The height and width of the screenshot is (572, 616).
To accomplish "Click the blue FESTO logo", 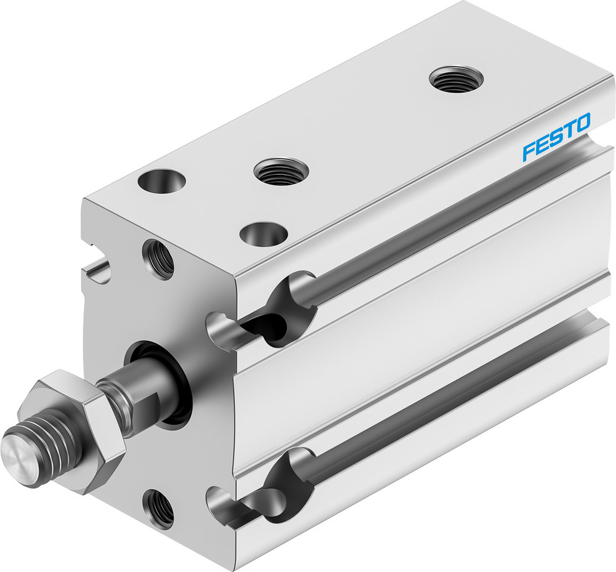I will coord(556,137).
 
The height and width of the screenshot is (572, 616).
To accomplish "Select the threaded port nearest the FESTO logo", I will coord(456,79).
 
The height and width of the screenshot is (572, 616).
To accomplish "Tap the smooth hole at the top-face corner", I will coord(162,182).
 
